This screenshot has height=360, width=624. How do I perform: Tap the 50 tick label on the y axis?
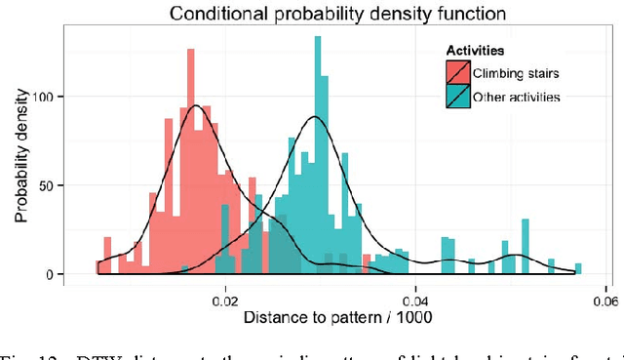coord(59,185)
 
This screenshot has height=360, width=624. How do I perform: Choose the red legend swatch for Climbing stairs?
coord(458,73)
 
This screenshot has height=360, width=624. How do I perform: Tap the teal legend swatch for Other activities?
coord(458,96)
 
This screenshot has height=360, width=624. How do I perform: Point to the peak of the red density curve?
coord(196,105)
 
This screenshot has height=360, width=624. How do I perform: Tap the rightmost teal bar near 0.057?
coord(578,269)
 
